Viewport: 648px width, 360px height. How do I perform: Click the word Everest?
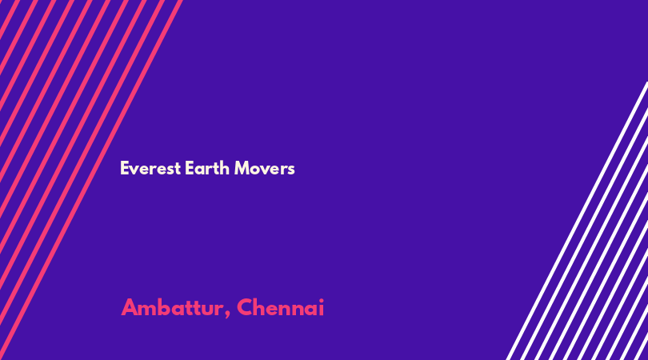pos(150,168)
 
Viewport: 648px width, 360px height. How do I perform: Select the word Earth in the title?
pos(207,168)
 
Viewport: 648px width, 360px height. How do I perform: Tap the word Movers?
pos(265,168)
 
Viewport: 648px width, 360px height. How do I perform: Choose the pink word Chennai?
pos(281,307)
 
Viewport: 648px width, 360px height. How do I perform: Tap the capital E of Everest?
pos(124,168)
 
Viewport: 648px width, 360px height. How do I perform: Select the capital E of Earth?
pos(190,168)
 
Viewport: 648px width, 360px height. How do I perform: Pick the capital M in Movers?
pos(242,168)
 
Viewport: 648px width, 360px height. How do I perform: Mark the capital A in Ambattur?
pos(130,307)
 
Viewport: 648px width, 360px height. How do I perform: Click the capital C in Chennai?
pos(244,307)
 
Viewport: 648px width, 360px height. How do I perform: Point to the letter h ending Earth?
pos(225,168)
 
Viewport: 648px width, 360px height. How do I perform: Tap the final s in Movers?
pos(291,170)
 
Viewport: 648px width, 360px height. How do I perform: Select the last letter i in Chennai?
pos(321,308)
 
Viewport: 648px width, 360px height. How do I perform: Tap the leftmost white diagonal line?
pos(577,221)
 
